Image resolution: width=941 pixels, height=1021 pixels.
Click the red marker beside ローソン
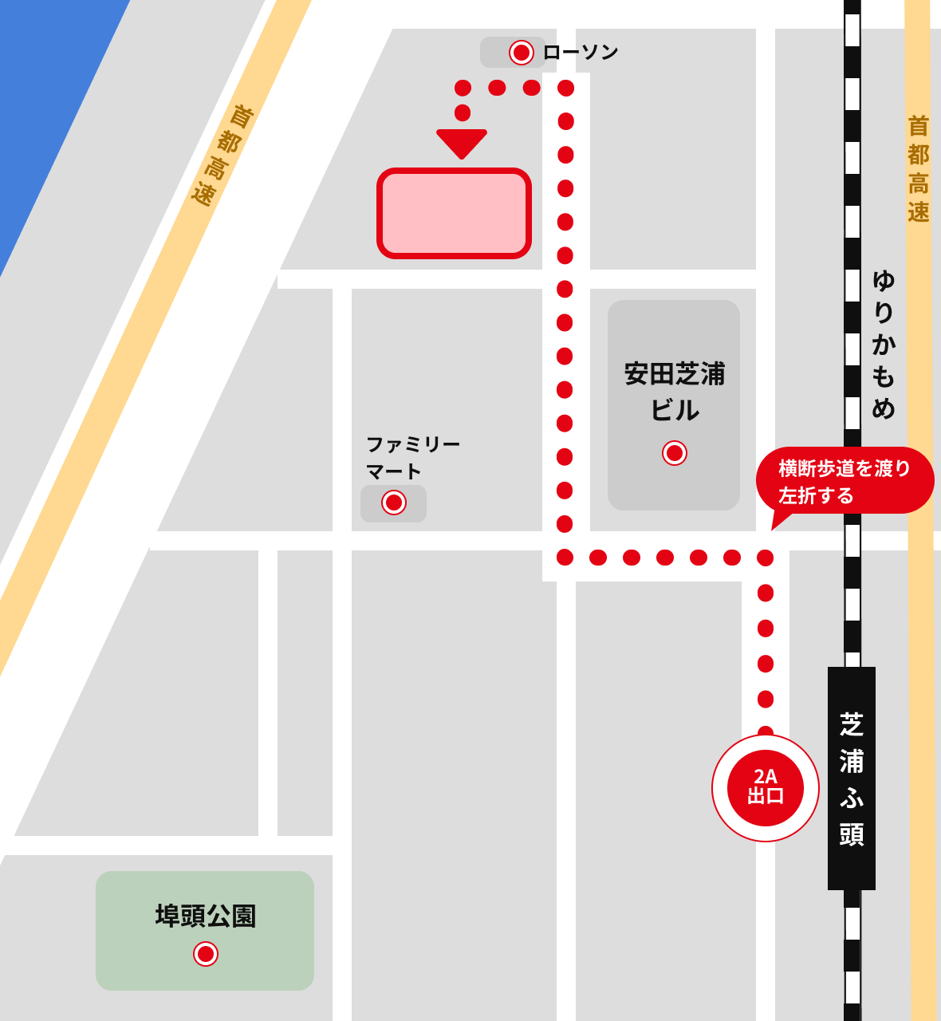[522, 53]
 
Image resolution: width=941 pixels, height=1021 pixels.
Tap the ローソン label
[581, 53]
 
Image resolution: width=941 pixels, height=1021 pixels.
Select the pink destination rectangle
[454, 213]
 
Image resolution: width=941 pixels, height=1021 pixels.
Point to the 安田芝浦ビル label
[675, 392]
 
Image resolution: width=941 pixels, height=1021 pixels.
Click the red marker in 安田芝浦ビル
[675, 453]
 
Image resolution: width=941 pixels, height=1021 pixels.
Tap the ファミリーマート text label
[411, 457]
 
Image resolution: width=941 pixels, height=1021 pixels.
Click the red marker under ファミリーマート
[394, 503]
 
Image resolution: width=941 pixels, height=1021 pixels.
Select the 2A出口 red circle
[766, 787]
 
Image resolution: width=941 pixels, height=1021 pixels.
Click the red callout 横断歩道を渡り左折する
[845, 481]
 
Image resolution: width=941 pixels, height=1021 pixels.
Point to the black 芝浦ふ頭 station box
[852, 778]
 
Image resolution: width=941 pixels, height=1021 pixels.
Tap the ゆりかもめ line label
[883, 344]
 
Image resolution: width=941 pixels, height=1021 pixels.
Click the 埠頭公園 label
[206, 916]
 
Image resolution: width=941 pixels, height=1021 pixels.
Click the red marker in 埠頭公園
[206, 954]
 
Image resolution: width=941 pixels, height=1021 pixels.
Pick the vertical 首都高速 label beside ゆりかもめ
[919, 169]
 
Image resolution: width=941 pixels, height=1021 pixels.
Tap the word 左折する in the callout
[816, 496]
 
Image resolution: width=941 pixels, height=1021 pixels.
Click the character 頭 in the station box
[852, 834]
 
